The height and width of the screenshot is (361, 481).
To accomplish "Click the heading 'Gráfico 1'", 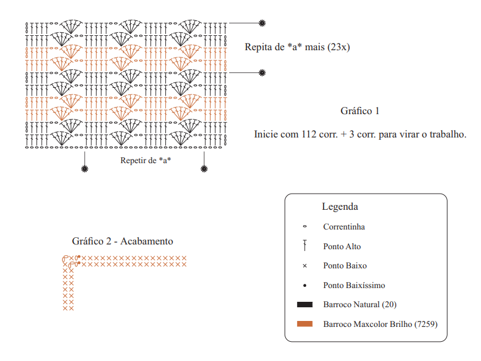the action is (x=360, y=111).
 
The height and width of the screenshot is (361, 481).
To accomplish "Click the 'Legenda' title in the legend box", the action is (x=340, y=206).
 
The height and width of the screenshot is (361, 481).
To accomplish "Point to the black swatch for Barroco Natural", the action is (x=304, y=304).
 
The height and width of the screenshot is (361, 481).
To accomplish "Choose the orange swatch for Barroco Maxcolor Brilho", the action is (x=304, y=324).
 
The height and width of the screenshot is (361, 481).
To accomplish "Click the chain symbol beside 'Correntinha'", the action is (x=304, y=227).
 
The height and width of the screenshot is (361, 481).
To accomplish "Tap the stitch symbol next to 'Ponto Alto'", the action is (x=304, y=246).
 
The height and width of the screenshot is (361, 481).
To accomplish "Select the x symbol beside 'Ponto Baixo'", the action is (x=304, y=266).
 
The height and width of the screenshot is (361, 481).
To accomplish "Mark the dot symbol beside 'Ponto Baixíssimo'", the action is (x=304, y=286).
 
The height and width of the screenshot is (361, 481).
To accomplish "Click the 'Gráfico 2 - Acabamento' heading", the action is (x=122, y=241).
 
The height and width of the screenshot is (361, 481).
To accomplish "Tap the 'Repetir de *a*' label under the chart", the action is (x=146, y=160).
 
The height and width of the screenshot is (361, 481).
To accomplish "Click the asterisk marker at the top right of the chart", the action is (x=262, y=23).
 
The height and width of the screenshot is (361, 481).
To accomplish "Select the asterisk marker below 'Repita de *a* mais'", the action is (x=262, y=73).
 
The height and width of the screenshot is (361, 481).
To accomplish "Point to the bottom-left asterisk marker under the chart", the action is (x=85, y=169).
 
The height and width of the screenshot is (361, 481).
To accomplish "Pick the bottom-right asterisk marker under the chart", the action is (x=204, y=169).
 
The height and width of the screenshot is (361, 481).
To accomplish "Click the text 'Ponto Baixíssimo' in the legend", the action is (x=354, y=286).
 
